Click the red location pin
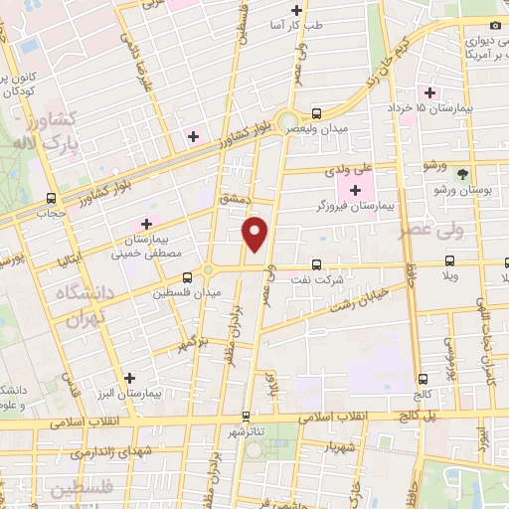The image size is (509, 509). (x=256, y=234)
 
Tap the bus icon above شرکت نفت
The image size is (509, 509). (x=316, y=264)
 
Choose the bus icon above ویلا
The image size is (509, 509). (x=452, y=264)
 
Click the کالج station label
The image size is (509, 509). (x=424, y=393)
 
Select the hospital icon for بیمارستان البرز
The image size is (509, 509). (x=129, y=378)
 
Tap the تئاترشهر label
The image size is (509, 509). (x=247, y=432)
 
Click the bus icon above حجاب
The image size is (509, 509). (x=51, y=197)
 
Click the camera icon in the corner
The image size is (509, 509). (x=495, y=24)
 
